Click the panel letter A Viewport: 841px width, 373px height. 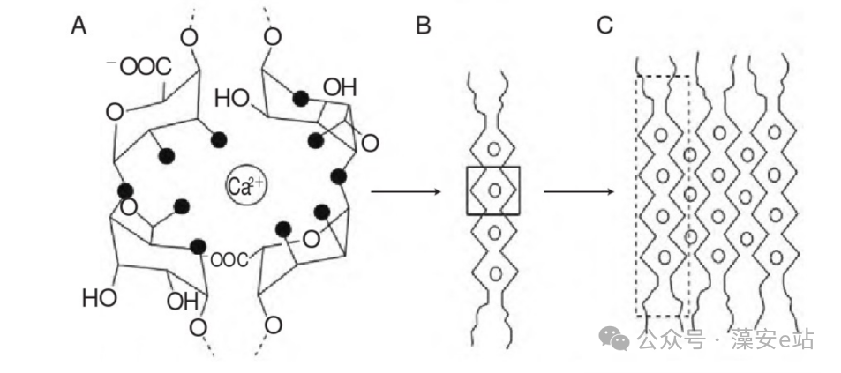(x=79, y=26)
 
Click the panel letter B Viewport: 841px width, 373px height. (x=424, y=26)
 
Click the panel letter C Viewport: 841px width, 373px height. (x=604, y=26)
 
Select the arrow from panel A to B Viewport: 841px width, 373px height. (x=405, y=191)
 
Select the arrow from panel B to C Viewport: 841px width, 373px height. (x=579, y=191)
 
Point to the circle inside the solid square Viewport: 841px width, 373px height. (x=494, y=190)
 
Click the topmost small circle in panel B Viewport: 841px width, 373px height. (x=494, y=148)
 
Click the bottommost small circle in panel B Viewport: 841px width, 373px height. (x=495, y=274)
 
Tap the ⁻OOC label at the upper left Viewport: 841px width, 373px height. (x=139, y=67)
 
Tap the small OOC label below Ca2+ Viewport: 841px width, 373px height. (x=228, y=260)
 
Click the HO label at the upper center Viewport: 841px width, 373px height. (x=232, y=99)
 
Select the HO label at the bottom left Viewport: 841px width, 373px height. (x=100, y=298)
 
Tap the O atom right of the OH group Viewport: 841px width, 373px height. (x=370, y=144)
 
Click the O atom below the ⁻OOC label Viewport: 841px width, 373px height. (x=115, y=113)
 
